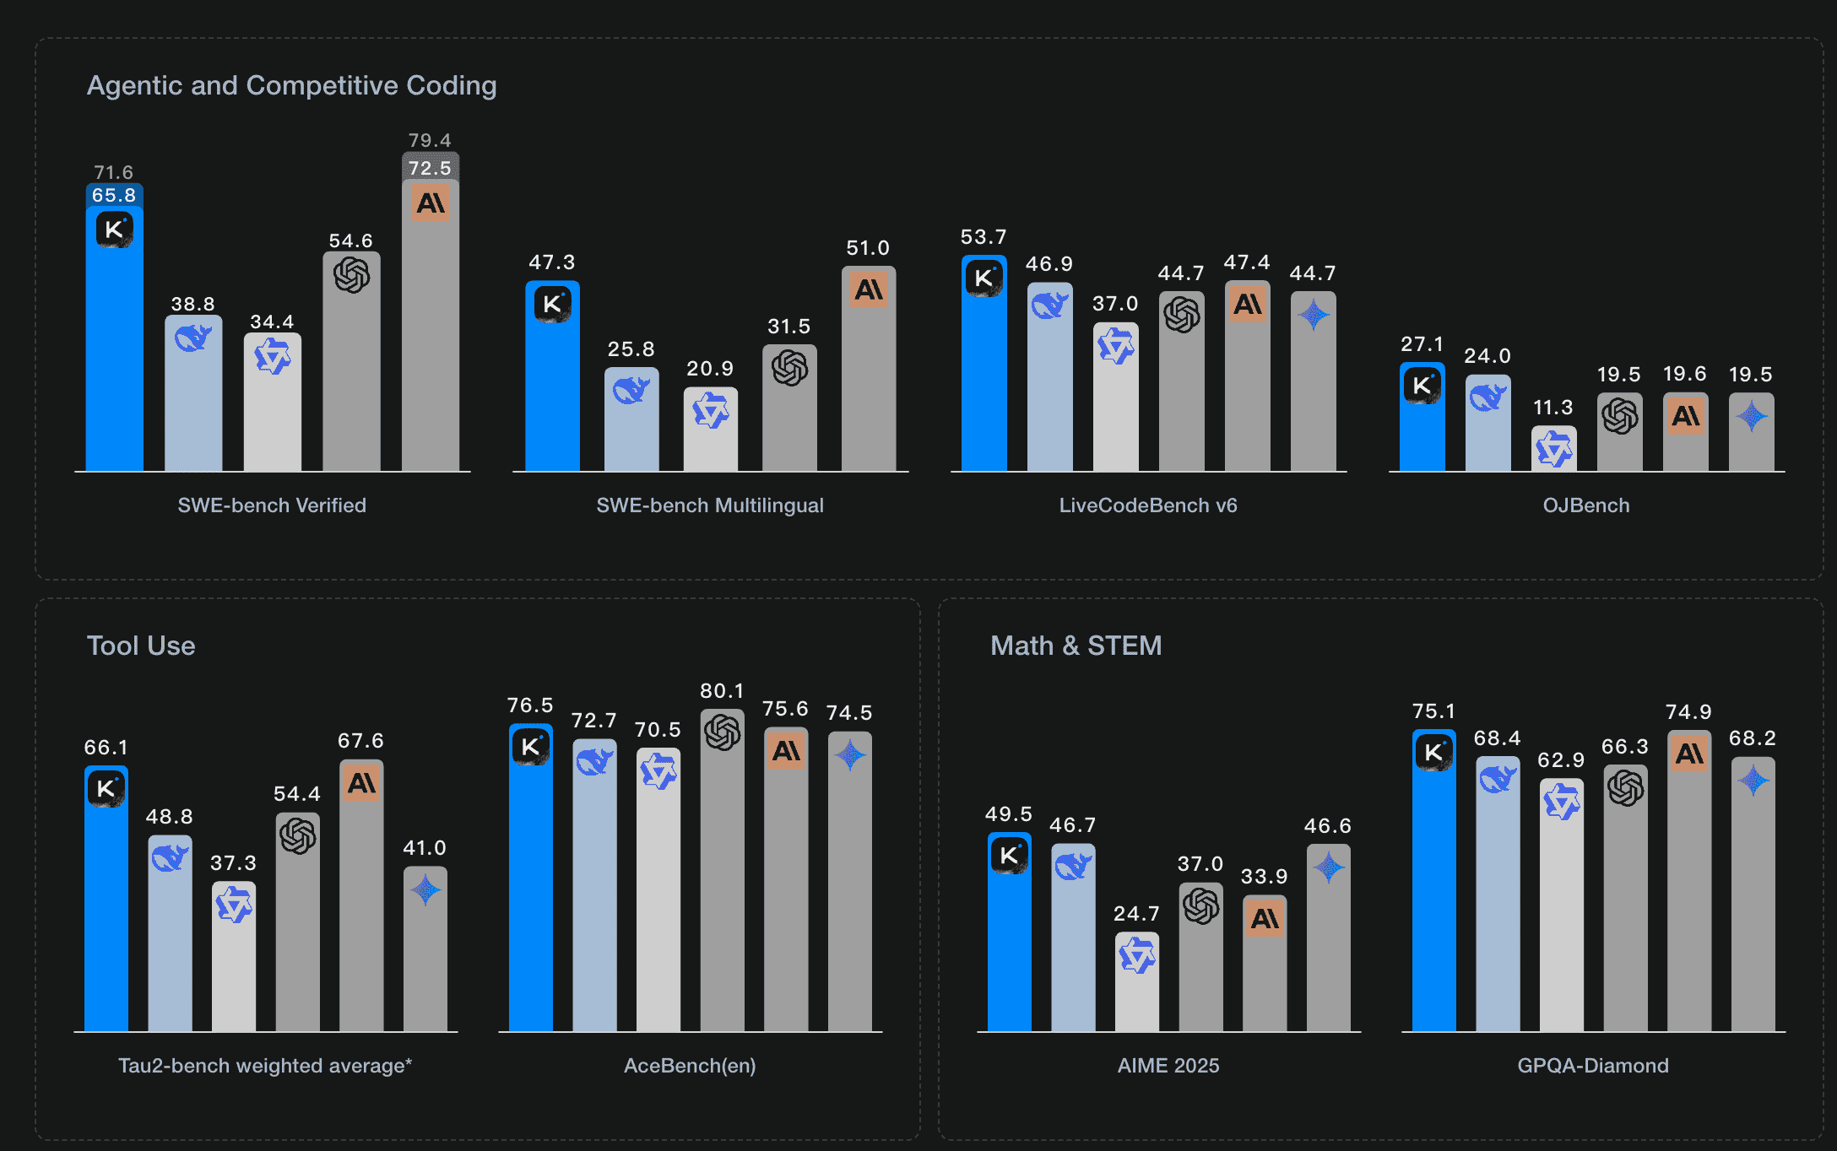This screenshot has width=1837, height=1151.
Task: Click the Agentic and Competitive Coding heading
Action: (x=291, y=85)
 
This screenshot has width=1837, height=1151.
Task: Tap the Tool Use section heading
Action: (x=141, y=646)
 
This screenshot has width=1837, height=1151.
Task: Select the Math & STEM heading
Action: (x=1076, y=646)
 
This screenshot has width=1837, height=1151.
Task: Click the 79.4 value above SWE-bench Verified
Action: (x=430, y=140)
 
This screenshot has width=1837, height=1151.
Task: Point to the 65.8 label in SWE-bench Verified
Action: (x=114, y=195)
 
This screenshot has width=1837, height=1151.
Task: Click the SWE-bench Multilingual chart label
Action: (x=709, y=505)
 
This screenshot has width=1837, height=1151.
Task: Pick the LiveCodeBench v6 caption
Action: (x=1148, y=505)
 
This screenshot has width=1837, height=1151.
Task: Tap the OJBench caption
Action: (x=1586, y=505)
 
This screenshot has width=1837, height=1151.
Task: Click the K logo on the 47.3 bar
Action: (x=552, y=304)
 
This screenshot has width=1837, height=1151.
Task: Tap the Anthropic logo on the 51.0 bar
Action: (x=869, y=289)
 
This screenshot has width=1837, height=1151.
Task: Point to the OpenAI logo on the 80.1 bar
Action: (x=723, y=732)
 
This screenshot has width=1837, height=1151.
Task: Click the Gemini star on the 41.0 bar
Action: (x=425, y=889)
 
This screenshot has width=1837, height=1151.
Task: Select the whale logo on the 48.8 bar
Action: (x=170, y=858)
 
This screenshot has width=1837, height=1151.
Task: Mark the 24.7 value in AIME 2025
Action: (x=1136, y=914)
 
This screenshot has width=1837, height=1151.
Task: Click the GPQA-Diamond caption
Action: (x=1592, y=1066)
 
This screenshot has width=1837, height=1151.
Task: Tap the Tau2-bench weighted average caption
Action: (x=265, y=1066)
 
